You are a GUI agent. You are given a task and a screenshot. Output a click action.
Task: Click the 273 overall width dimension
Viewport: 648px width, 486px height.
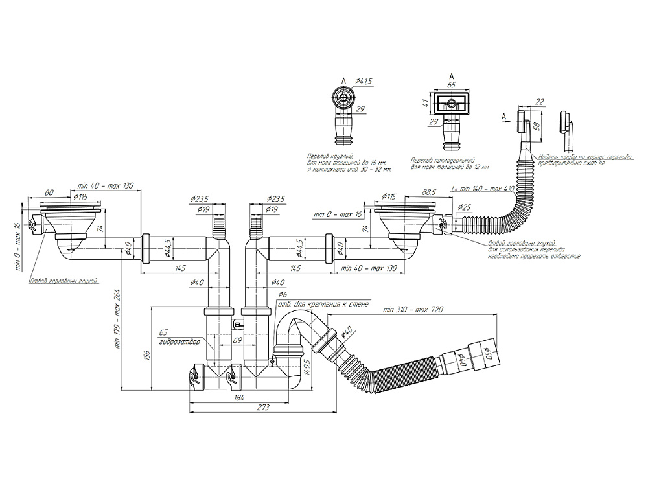click(x=262, y=407)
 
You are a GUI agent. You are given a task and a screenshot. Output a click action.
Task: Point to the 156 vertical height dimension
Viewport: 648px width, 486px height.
click(x=147, y=354)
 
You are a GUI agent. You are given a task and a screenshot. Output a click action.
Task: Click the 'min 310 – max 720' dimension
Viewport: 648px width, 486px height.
click(x=412, y=310)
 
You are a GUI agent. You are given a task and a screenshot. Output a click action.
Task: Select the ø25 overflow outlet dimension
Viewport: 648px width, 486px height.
click(x=464, y=207)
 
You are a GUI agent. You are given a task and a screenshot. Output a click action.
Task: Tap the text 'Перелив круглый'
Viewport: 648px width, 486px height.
click(x=328, y=157)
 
